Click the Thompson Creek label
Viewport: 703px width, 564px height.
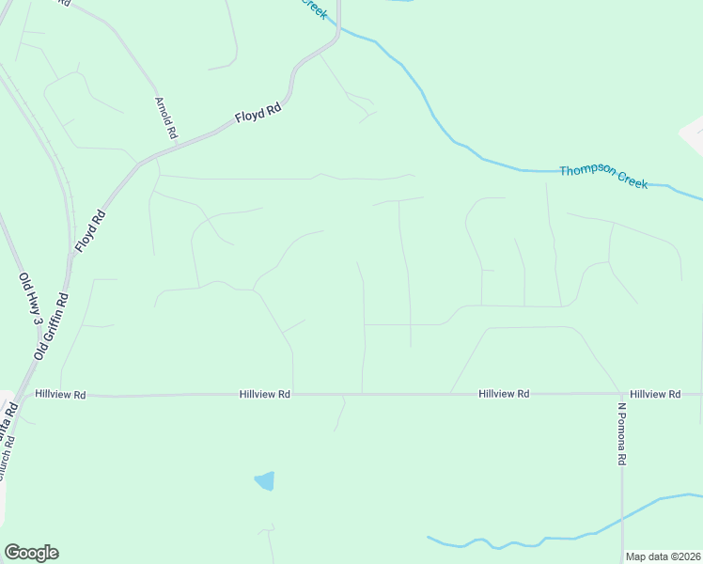coord(603,177)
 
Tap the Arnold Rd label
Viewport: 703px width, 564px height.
coord(166,117)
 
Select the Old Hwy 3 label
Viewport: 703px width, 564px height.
coord(30,300)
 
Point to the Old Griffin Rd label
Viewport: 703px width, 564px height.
coord(53,325)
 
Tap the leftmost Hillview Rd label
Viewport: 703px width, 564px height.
coord(60,396)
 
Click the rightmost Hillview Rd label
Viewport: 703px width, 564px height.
coord(655,395)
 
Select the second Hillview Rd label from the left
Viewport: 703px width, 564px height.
coord(264,396)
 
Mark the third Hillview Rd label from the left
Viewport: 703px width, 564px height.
coord(503,395)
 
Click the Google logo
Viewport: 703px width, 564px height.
coord(31,553)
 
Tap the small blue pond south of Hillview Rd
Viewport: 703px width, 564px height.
coord(265,481)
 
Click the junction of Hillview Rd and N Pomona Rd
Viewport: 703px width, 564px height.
coord(621,395)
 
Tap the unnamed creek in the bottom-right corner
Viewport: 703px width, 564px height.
coord(564,538)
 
